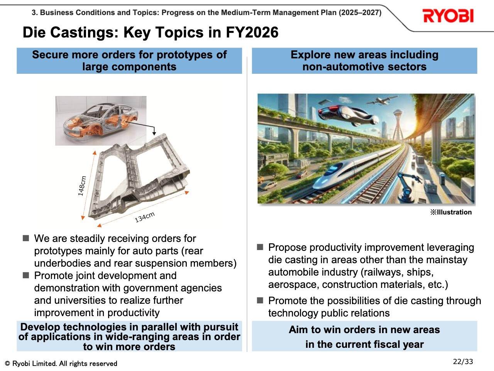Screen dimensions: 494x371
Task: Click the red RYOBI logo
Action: (x=448, y=16)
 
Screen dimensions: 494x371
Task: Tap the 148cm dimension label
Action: (x=82, y=186)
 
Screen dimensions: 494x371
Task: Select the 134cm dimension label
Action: (x=145, y=217)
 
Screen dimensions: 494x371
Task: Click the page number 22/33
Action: (x=463, y=362)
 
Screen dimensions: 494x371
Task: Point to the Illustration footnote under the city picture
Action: (x=451, y=212)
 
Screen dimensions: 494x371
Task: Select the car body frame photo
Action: (x=101, y=121)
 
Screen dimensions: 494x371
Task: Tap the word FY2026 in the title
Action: (x=252, y=32)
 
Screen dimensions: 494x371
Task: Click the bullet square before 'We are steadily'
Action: (x=26, y=238)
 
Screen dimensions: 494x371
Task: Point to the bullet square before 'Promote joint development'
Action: (x=26, y=275)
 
